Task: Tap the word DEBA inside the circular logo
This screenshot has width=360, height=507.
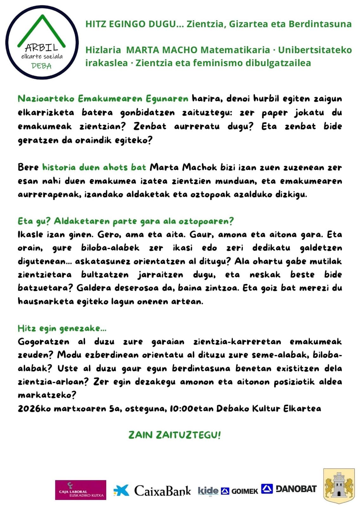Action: (x=41, y=66)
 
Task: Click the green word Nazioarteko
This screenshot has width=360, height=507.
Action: (x=46, y=99)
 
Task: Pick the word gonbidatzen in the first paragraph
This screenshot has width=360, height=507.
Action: (x=147, y=112)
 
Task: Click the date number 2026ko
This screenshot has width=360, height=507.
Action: (x=34, y=408)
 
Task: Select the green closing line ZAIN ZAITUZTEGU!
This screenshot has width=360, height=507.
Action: (x=175, y=435)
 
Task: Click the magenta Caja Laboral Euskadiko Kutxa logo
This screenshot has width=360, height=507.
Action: (x=80, y=490)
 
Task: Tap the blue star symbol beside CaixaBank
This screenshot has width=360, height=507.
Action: (x=122, y=490)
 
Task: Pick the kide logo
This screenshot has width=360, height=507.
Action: (x=208, y=491)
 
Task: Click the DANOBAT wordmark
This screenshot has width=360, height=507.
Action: (x=296, y=489)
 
